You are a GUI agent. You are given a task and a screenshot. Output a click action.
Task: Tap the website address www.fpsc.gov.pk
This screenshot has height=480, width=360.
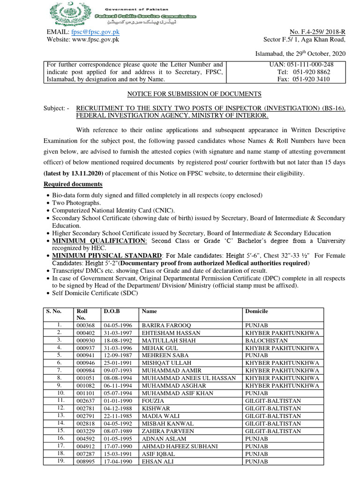96,39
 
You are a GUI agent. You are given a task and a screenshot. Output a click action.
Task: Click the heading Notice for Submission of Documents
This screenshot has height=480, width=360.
195,94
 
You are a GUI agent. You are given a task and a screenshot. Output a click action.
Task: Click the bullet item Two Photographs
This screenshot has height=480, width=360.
76,203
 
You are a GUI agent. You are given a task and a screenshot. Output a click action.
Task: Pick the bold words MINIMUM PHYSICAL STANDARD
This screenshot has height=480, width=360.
107,255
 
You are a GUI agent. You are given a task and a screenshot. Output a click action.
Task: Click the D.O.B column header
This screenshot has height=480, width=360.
109,311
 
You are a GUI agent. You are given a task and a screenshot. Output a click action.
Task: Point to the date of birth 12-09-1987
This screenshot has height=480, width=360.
116,355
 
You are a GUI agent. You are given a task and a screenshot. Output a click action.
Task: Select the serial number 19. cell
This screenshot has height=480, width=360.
60,461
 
